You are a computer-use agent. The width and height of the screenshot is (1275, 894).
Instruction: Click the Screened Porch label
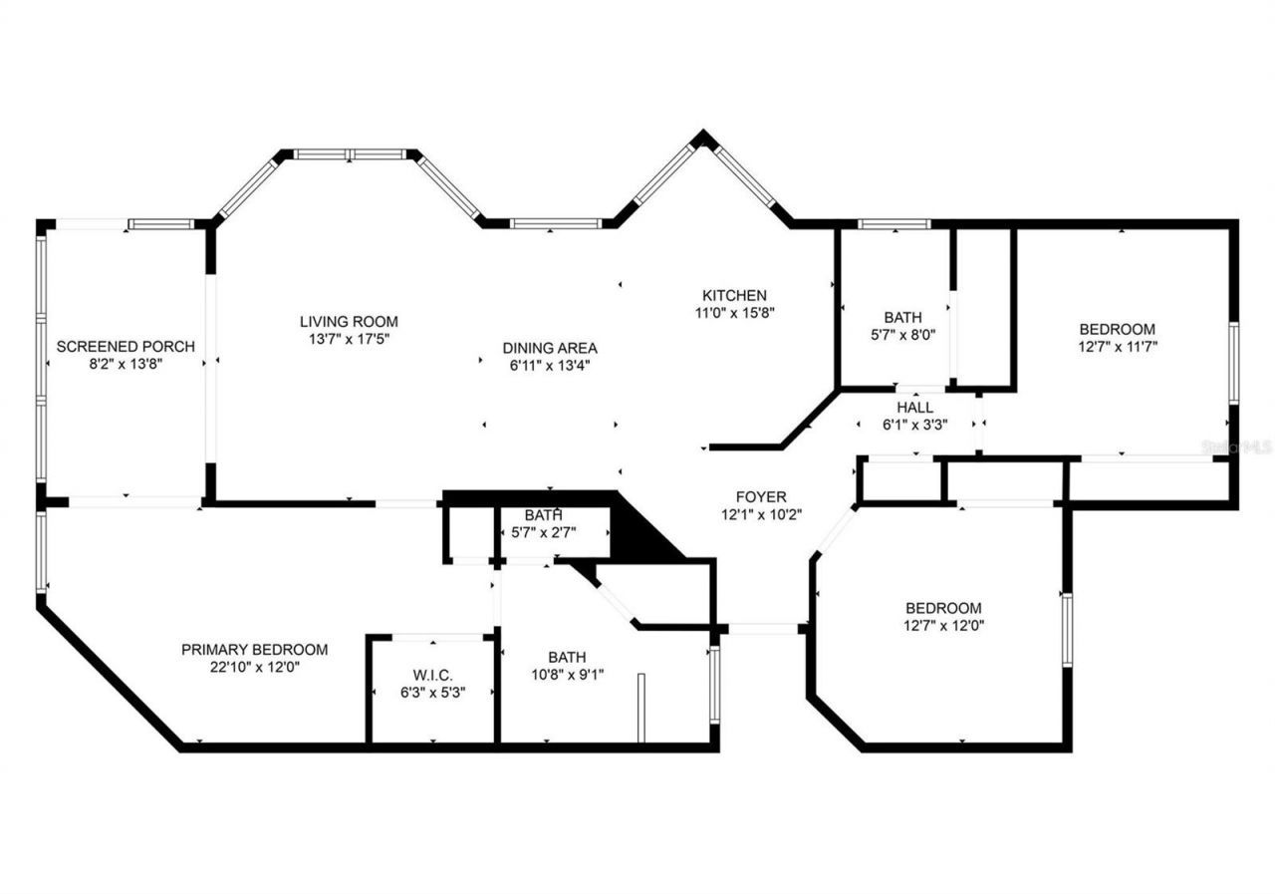click(125, 347)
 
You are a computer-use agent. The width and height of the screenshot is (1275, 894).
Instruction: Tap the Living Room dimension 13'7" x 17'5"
click(349, 340)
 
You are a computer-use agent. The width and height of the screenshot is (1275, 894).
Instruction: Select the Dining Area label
click(550, 348)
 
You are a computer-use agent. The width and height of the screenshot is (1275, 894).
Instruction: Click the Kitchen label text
click(735, 295)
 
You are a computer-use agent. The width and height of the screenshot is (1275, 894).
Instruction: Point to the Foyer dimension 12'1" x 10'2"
click(761, 515)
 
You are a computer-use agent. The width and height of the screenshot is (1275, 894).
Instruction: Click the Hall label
click(914, 408)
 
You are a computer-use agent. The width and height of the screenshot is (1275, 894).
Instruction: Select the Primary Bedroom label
click(254, 649)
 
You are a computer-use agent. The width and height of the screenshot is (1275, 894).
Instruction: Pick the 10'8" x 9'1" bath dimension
click(566, 675)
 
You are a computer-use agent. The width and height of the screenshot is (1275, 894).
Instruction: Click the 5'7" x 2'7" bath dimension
click(544, 532)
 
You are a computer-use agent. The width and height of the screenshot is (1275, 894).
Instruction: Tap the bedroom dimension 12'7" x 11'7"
click(1118, 347)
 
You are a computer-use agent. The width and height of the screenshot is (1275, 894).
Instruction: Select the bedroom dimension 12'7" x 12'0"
click(943, 626)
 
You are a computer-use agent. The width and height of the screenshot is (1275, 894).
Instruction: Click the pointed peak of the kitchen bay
click(704, 138)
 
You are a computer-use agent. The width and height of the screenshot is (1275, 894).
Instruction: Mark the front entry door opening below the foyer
click(763, 629)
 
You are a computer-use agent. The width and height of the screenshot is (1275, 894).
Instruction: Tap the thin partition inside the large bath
click(641, 708)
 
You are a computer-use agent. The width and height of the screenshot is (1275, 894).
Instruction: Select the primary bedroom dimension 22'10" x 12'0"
click(254, 667)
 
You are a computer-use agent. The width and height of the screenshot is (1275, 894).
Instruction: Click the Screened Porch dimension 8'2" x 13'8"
click(125, 365)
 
